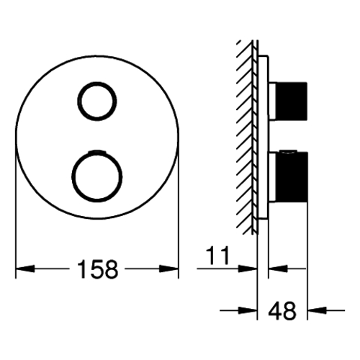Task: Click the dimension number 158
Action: (x=98, y=269)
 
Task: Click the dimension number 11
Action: (x=218, y=256)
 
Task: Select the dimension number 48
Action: (x=282, y=310)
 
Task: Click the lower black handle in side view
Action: (x=292, y=177)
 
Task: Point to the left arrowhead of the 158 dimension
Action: (x=25, y=269)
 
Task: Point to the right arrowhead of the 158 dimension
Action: (x=169, y=269)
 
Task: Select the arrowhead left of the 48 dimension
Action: (x=248, y=310)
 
